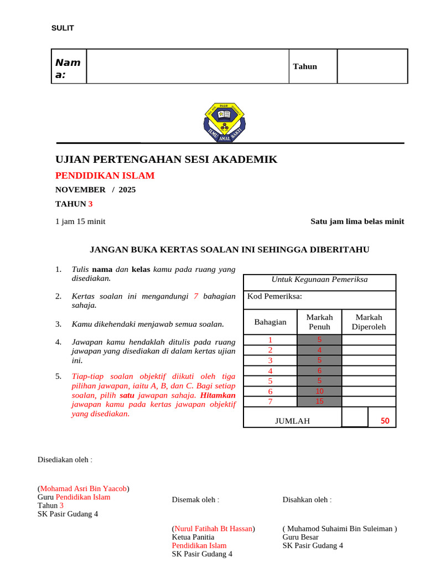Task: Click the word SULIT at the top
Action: [x=63, y=28]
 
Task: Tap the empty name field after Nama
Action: [x=187, y=66]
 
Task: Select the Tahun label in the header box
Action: [x=305, y=66]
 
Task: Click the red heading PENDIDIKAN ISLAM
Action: [x=105, y=176]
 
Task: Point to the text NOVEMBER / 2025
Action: [x=95, y=189]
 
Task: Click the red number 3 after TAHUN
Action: [x=90, y=204]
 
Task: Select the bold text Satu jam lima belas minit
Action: [x=357, y=221]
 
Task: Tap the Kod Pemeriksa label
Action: [x=274, y=296]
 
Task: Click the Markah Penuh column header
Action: [x=319, y=322]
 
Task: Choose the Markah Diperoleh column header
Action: [x=369, y=322]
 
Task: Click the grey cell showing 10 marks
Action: [x=319, y=391]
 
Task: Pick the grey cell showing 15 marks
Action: [x=319, y=401]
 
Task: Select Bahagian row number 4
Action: [x=270, y=371]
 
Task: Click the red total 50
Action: [x=385, y=421]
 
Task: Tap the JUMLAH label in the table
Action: [x=292, y=421]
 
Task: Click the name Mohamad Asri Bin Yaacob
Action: [x=84, y=488]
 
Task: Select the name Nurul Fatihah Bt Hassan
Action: [x=213, y=528]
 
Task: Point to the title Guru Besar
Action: [x=300, y=537]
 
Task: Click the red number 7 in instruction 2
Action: [x=196, y=296]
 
